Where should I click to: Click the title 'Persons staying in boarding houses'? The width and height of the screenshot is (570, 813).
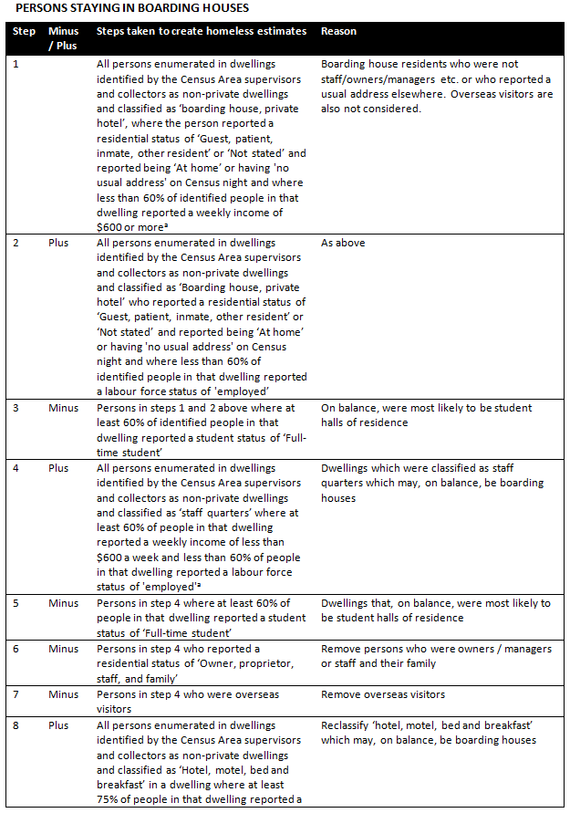(127, 8)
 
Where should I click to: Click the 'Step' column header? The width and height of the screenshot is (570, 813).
(24, 31)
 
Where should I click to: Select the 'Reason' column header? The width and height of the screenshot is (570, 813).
(338, 31)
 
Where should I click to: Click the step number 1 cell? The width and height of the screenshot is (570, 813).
(16, 65)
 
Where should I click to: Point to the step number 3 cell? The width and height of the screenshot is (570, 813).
(16, 408)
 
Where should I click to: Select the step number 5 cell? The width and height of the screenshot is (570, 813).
(16, 603)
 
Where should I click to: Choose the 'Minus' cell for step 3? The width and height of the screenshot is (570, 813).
(63, 408)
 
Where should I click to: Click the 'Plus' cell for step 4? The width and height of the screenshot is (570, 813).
(58, 468)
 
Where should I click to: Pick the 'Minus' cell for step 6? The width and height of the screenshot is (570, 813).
(63, 648)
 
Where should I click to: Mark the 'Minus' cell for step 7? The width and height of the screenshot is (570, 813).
(63, 694)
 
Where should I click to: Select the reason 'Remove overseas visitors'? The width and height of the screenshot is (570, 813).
(383, 694)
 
